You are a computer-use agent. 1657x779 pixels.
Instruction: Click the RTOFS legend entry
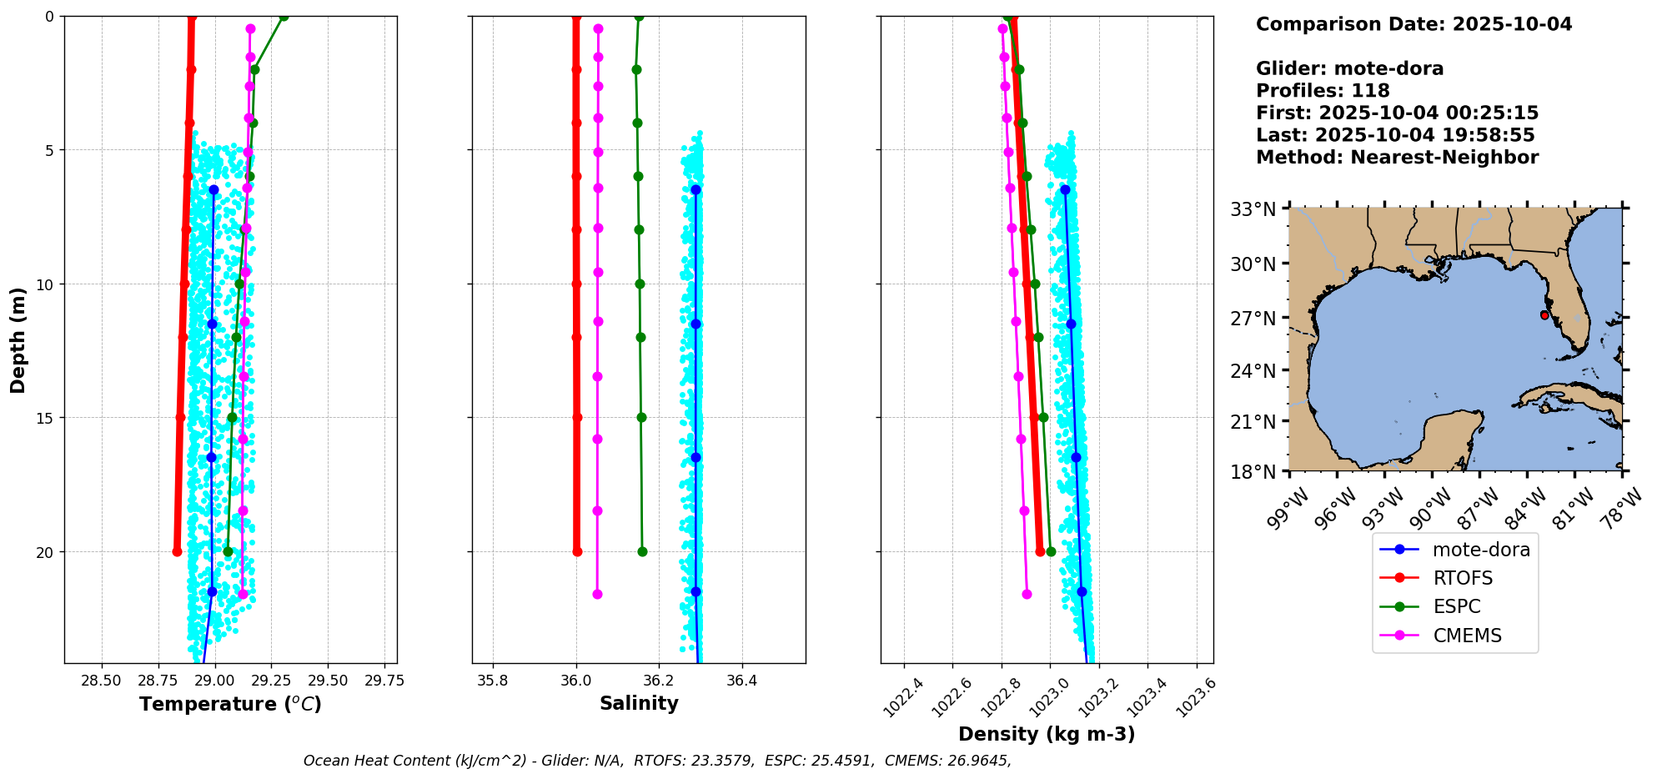click(x=1462, y=578)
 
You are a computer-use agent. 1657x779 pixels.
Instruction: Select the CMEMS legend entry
click(x=1467, y=636)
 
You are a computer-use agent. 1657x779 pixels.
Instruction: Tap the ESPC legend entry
click(x=1456, y=606)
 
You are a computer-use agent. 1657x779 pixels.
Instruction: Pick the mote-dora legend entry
click(x=1480, y=550)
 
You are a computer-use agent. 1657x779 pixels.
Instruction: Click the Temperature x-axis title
click(x=230, y=704)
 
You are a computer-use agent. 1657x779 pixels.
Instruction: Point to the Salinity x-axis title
click(x=639, y=703)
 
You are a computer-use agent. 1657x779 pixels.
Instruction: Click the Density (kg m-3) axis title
click(x=1047, y=734)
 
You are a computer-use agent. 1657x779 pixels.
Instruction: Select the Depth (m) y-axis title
click(x=18, y=340)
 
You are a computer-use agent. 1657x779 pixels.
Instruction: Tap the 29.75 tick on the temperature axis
click(x=384, y=681)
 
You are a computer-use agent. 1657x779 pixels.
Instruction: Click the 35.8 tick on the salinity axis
click(x=492, y=681)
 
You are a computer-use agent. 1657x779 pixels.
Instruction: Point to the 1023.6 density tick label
click(x=1197, y=696)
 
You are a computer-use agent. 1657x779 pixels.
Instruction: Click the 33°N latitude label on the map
click(x=1253, y=209)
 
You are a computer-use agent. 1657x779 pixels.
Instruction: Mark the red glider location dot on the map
click(x=1544, y=315)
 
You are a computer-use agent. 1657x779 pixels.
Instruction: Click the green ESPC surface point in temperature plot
click(x=284, y=17)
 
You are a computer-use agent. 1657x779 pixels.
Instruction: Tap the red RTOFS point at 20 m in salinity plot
click(x=577, y=551)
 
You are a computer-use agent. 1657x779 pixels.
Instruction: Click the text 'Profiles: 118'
click(x=1323, y=91)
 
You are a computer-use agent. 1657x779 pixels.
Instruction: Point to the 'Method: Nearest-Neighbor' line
click(x=1397, y=158)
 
